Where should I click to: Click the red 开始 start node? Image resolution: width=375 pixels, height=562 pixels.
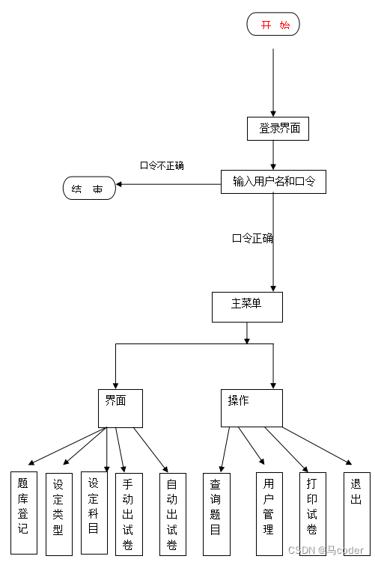[x=273, y=25]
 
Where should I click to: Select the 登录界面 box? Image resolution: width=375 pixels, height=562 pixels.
[x=278, y=129]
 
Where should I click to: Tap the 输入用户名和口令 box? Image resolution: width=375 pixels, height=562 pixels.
[x=273, y=182]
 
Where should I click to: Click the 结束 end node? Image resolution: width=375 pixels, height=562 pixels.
[x=89, y=189]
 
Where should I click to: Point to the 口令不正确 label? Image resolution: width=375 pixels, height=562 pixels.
[x=162, y=165]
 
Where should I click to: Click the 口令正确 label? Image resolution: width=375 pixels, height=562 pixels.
[x=252, y=239]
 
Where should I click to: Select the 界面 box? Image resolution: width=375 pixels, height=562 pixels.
[x=120, y=407]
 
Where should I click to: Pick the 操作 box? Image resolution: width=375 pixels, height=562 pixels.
[x=251, y=407]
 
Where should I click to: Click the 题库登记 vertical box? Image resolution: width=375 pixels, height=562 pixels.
[x=23, y=513]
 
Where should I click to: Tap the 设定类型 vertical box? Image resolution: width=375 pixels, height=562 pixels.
[x=58, y=513]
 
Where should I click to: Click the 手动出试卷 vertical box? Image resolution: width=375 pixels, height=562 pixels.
[x=128, y=513]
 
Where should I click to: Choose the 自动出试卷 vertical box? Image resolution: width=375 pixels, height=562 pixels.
[x=172, y=513]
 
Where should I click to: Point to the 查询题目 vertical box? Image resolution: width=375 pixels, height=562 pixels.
[x=216, y=513]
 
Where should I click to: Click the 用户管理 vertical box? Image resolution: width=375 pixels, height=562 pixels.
[x=269, y=513]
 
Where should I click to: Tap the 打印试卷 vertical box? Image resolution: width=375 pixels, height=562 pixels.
[x=312, y=513]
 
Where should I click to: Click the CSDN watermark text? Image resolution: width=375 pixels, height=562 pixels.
[x=327, y=551]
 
